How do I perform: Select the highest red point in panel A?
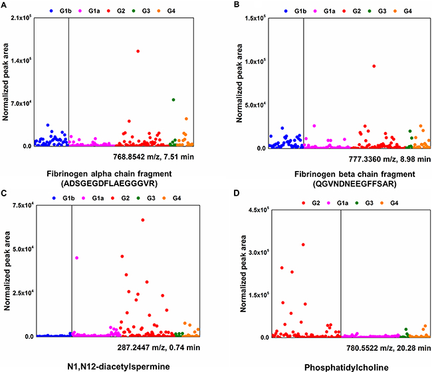pos(138,51)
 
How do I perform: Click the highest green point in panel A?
pos(173,100)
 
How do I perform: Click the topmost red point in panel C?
pos(143,220)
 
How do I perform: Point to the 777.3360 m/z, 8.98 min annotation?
pos(389,160)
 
